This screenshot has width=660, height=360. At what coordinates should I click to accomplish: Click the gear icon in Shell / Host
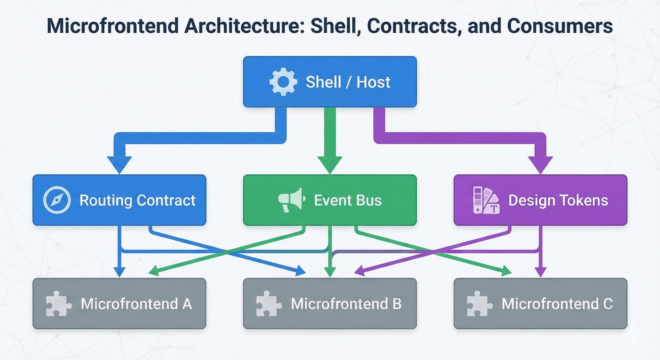click(283, 82)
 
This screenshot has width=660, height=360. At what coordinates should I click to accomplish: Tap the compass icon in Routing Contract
click(57, 200)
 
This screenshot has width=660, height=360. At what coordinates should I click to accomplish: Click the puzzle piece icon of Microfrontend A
click(58, 304)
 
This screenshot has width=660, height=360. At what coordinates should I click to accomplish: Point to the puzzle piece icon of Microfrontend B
click(269, 304)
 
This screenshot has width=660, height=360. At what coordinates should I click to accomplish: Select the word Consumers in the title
click(560, 26)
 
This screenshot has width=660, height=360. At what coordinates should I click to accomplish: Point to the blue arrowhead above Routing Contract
click(119, 164)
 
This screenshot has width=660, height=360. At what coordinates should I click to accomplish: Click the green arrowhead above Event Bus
click(330, 164)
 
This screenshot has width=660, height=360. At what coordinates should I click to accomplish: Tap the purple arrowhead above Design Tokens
click(540, 164)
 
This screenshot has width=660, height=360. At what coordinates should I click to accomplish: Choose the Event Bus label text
click(348, 200)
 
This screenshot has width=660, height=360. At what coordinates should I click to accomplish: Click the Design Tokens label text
click(558, 200)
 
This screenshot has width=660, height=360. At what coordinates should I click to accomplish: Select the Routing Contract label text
click(137, 200)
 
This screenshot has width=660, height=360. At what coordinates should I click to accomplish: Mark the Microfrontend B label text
click(346, 304)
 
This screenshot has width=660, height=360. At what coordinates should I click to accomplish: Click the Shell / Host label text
click(348, 82)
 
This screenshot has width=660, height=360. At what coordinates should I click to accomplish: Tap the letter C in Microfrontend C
click(608, 304)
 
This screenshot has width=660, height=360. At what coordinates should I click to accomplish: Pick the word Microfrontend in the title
click(113, 26)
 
